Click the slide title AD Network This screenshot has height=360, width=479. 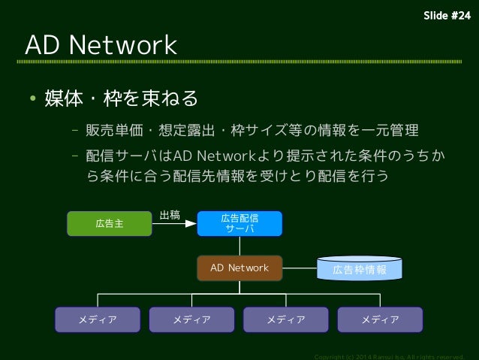coord(101,45)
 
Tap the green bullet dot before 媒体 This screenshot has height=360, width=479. coord(33,99)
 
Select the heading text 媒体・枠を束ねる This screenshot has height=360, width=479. coord(121,98)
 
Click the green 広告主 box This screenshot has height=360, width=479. coord(110,223)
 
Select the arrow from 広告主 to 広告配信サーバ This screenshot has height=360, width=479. coord(174,223)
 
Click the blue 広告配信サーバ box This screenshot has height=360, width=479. coord(239,223)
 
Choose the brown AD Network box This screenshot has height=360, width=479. coord(239,268)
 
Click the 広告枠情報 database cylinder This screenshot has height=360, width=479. coord(360,269)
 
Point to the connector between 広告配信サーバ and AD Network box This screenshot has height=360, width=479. coord(239,245)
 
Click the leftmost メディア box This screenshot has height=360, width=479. coord(98,319)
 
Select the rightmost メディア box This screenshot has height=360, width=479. coord(380,319)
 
